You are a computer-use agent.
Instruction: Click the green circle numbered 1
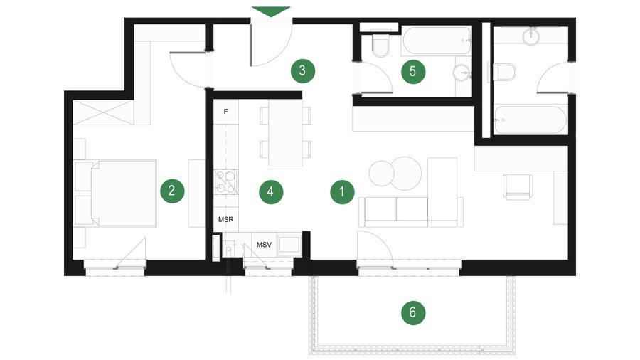click(x=342, y=191)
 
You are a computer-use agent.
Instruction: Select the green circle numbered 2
click(x=172, y=191)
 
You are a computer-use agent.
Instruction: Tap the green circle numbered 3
click(x=302, y=70)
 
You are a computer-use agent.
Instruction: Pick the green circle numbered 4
click(x=271, y=191)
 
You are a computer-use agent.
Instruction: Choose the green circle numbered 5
click(x=412, y=72)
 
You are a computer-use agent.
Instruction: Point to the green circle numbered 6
click(x=412, y=312)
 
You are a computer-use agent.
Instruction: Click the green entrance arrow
click(x=271, y=11)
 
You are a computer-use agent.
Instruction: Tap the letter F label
click(x=225, y=112)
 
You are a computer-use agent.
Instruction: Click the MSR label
click(x=225, y=220)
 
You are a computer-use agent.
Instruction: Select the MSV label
click(x=264, y=245)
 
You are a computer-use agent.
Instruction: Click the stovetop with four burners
click(x=225, y=181)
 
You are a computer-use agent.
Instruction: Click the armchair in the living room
click(x=518, y=187)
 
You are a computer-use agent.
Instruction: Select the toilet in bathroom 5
click(x=381, y=45)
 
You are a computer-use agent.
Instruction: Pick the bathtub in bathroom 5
click(x=437, y=41)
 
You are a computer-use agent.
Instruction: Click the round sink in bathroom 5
click(x=462, y=73)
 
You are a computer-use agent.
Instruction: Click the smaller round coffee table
click(x=381, y=173)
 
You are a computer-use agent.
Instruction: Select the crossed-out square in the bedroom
click(x=103, y=112)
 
